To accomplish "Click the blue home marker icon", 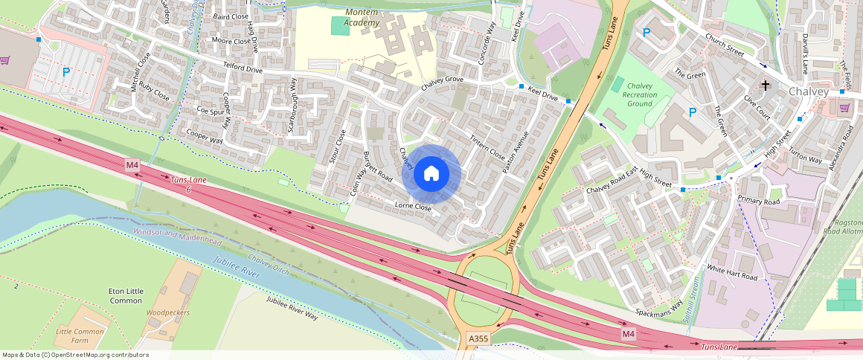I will click(x=431, y=174).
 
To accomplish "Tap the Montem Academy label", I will click(x=372, y=18).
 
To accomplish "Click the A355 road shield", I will click(x=478, y=339).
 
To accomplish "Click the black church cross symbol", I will click(x=766, y=86).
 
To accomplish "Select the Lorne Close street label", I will click(x=413, y=206).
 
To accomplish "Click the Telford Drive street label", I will click(x=243, y=69).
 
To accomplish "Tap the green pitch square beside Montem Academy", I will click(x=340, y=25).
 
